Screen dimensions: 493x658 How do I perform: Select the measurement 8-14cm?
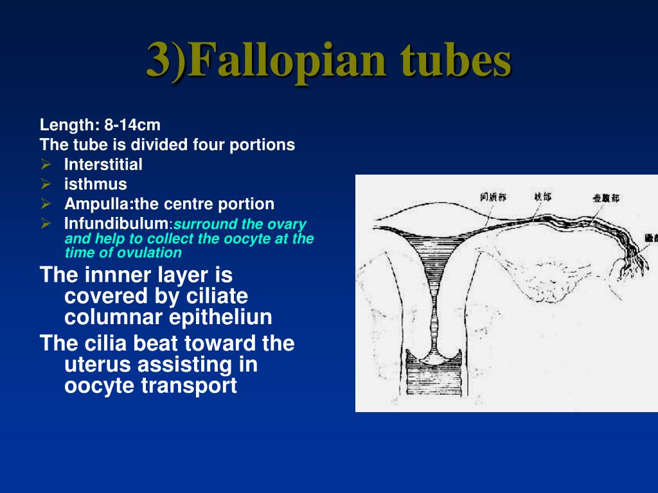coord(132,125)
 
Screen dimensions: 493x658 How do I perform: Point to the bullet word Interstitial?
coord(103,164)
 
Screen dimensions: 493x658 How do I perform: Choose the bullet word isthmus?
coord(95,184)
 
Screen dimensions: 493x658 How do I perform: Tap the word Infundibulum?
coord(116,224)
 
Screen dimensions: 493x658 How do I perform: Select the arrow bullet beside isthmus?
coord(46,184)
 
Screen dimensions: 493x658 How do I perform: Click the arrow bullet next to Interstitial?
coord(46,164)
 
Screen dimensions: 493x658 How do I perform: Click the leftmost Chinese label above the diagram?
coord(493,196)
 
